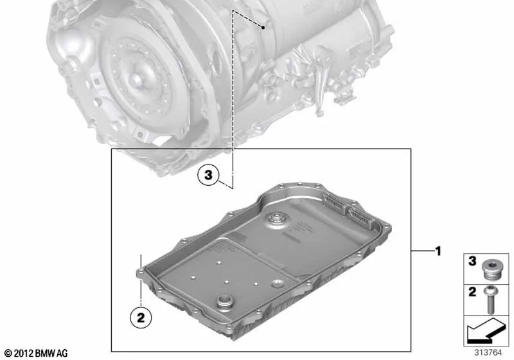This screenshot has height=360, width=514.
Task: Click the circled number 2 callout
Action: pos(141,316)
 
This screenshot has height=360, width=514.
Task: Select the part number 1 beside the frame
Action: pos(438,250)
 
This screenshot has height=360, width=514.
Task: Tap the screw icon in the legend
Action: pos(493,295)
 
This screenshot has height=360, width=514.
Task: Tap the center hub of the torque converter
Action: pos(137,80)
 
